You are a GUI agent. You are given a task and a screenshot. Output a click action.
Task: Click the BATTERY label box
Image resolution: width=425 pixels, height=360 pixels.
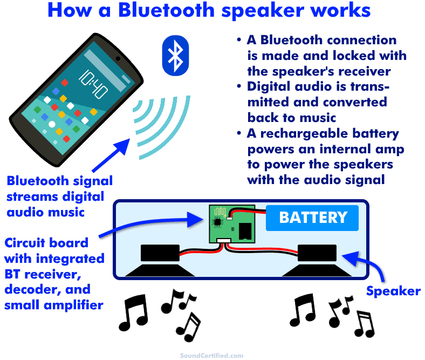312,218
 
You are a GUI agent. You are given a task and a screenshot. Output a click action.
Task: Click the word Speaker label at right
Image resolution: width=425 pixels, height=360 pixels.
393,291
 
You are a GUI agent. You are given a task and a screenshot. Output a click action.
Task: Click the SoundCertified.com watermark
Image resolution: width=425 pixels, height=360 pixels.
211,355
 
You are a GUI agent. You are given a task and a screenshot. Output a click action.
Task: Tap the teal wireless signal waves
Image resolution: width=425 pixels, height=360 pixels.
162,121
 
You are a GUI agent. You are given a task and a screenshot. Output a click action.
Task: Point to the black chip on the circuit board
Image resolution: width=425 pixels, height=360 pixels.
217,222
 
